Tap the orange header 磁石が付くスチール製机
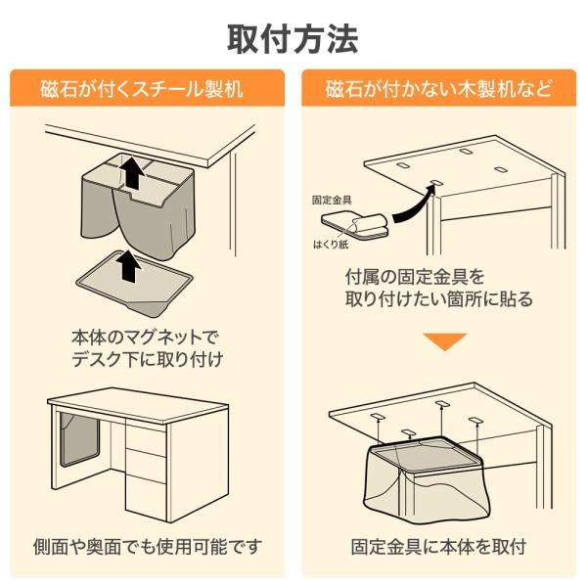point(147,90)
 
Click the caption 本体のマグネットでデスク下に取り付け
point(147,346)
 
